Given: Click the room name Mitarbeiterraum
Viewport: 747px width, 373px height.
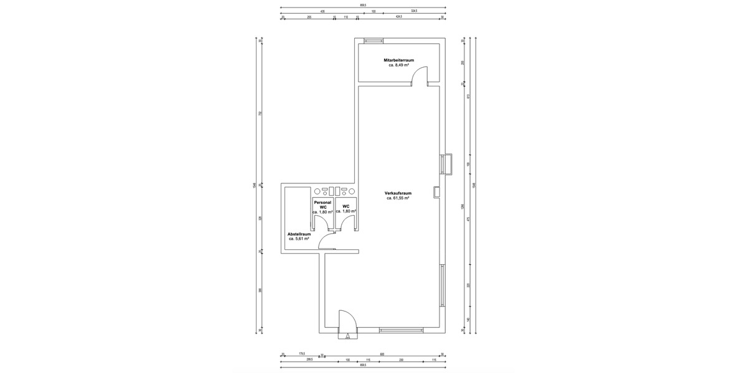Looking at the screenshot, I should tap(399, 60).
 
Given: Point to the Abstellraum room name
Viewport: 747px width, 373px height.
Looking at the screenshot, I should tap(299, 234).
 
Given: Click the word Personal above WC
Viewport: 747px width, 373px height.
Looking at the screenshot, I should tap(322, 203).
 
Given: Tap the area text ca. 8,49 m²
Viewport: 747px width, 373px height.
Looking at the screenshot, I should tap(399, 65).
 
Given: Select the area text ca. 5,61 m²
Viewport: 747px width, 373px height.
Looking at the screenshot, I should tap(299, 239).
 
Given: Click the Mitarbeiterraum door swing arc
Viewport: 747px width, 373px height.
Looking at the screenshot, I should tap(420, 78).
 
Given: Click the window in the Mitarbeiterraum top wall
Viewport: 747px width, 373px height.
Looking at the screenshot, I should tap(374, 41).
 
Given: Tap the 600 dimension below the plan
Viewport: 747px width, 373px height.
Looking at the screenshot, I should tap(382, 354).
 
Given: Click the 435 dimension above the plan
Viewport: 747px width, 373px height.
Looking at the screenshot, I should tap(322, 11).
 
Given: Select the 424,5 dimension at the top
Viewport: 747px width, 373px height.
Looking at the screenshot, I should tap(398, 17).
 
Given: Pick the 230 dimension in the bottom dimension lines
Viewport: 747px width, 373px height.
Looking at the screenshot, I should tap(401, 359).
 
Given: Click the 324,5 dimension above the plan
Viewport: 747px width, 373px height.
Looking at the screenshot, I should tap(413, 11).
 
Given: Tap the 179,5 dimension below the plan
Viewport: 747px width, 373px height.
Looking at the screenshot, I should tap(302, 354).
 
